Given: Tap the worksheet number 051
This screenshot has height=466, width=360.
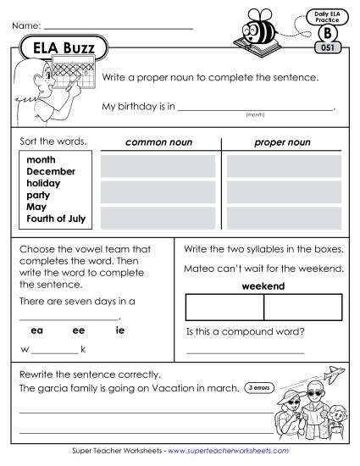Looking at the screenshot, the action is [x=327, y=47].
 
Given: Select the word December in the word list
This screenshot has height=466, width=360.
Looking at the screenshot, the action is [x=52, y=170].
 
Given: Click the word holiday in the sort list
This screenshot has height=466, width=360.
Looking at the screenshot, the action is [x=45, y=182].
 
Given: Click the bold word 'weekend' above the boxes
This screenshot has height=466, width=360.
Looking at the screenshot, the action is [x=263, y=286].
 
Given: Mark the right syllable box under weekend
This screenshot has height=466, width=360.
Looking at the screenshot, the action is [x=302, y=306].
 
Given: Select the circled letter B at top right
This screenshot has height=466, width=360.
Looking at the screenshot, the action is [x=327, y=33].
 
